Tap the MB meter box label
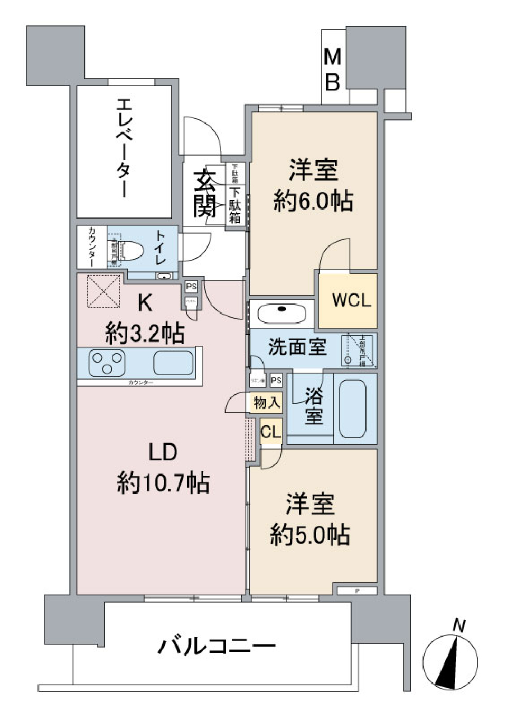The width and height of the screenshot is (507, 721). click(332, 69)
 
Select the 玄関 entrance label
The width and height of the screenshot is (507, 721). click(204, 194)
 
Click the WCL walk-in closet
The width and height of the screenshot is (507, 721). click(351, 300)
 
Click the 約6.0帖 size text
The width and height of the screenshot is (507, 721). click(313, 201)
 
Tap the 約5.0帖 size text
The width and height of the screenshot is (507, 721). click(310, 535)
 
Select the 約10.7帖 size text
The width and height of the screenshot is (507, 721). click(163, 482)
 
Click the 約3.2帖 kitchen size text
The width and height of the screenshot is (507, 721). click(144, 333)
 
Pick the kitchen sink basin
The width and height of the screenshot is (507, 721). click(173, 363)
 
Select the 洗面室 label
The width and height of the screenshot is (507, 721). click(297, 347)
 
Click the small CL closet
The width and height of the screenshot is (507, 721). click(271, 432)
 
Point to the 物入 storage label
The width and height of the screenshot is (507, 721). click(266, 403)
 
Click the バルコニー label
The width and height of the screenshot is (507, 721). click(217, 646)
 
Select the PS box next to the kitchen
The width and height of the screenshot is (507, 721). click(191, 287)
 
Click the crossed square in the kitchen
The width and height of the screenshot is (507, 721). click(103, 291)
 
